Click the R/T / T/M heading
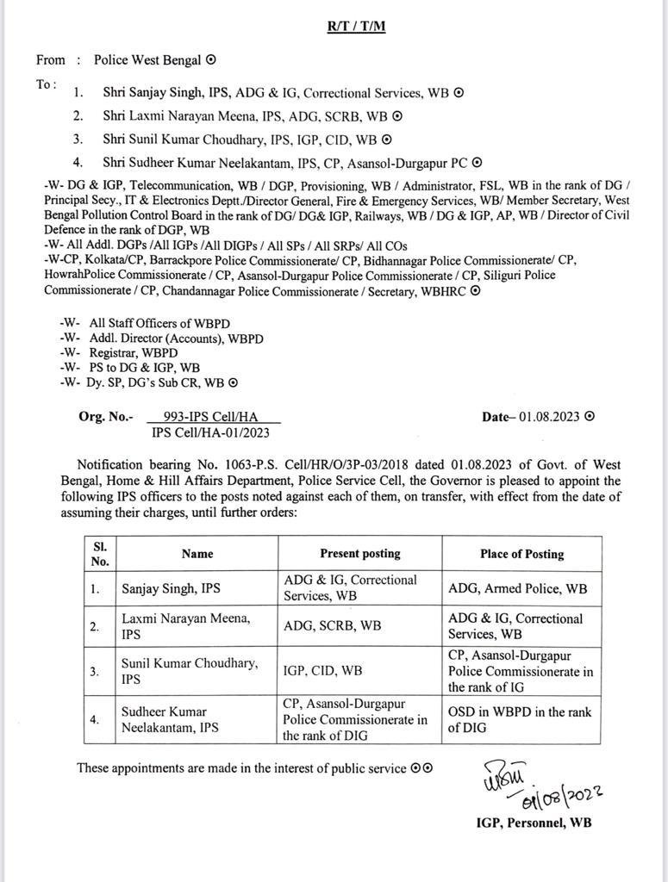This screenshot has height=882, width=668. click(356, 26)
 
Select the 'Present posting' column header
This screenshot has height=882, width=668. click(359, 554)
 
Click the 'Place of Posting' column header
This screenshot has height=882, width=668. click(521, 554)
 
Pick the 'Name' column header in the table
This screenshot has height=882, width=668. click(197, 554)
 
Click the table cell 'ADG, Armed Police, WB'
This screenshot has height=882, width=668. click(518, 589)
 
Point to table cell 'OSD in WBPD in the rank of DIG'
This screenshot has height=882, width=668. click(520, 720)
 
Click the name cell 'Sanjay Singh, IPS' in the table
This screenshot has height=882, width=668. click(171, 589)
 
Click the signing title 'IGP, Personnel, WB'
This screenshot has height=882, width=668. click(534, 823)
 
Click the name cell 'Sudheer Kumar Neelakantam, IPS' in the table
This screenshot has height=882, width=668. click(169, 720)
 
